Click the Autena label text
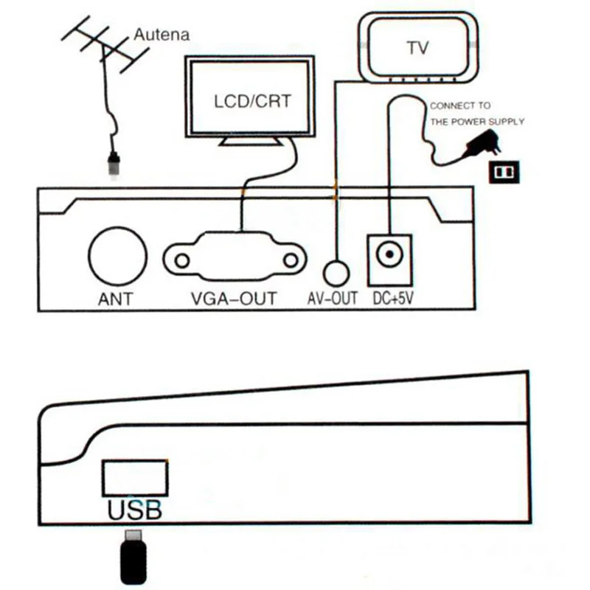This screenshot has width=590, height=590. tap(162, 34)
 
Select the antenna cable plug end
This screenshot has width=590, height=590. tap(113, 164)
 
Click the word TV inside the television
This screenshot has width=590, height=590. tap(417, 48)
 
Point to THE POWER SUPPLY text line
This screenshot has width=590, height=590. tap(477, 122)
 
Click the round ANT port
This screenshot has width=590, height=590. tap(116, 257)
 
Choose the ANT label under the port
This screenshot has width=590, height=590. tap(116, 299)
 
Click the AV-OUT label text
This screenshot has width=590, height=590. tap(332, 299)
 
